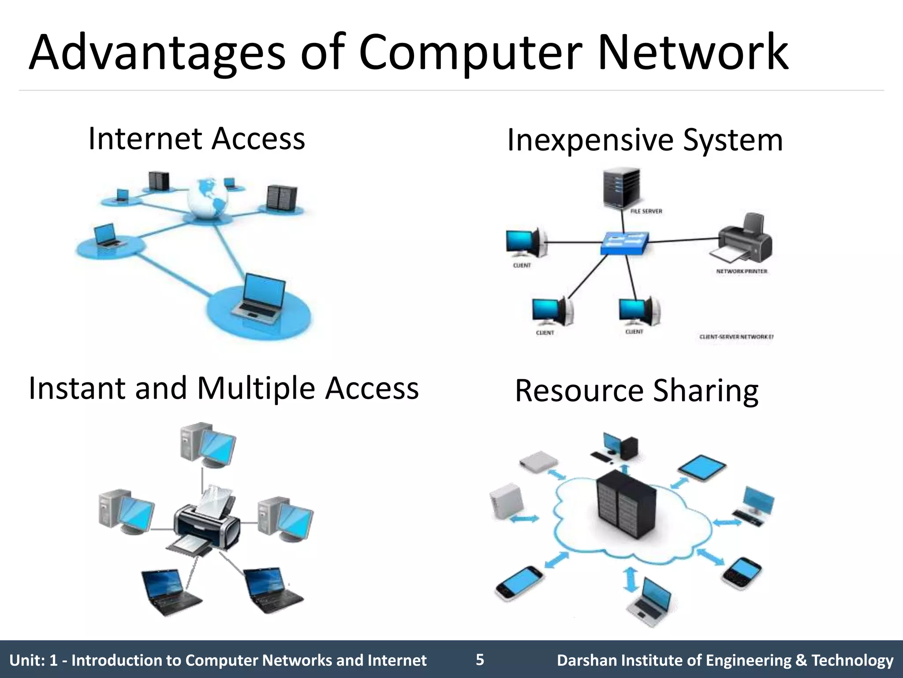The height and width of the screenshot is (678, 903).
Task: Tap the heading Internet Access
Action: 197,139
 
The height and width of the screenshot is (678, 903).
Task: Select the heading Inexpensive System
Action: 645,140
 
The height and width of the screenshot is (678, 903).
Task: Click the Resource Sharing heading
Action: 636,391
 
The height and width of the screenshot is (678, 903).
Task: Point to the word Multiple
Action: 256,388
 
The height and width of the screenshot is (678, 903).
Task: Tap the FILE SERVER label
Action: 646,211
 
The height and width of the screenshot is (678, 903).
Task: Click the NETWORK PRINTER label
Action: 742,271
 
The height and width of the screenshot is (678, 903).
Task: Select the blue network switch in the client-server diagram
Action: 624,243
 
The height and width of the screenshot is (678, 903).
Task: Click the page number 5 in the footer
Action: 480,660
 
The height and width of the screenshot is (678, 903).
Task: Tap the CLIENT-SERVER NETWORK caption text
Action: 736,337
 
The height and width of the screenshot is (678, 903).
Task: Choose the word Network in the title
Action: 693,53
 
